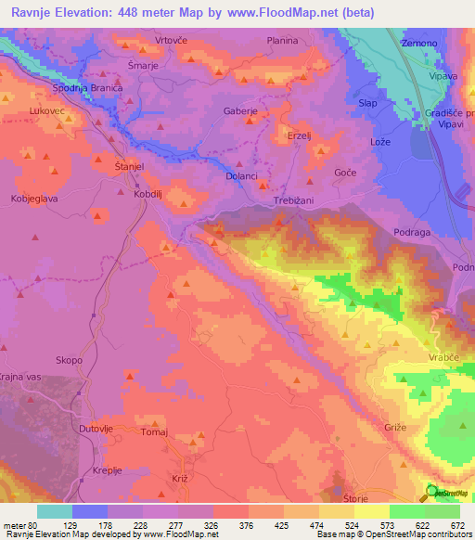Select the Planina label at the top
(x=282, y=41)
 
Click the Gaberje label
(x=239, y=110)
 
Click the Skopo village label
(x=69, y=360)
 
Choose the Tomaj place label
(x=155, y=431)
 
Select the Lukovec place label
(x=46, y=110)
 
